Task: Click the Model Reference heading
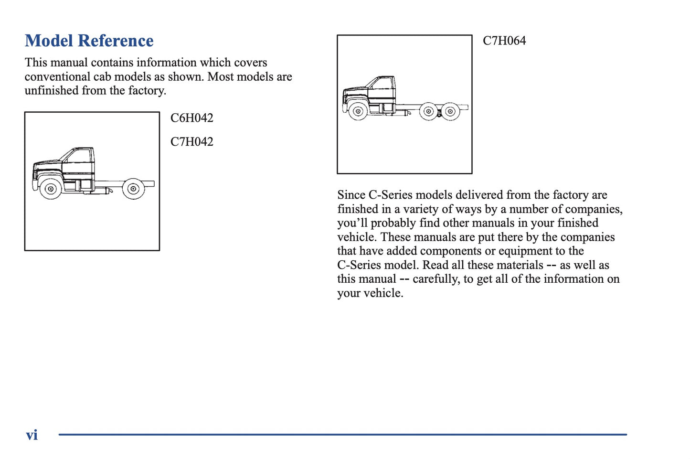tap(89, 41)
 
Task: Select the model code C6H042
tap(191, 118)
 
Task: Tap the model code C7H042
tap(191, 142)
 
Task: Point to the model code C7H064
tap(504, 41)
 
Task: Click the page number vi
tap(32, 435)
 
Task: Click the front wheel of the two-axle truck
tap(50, 189)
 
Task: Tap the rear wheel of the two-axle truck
tap(133, 189)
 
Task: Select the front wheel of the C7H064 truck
tap(358, 111)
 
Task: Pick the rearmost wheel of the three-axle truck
tap(450, 111)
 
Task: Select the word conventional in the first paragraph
tap(57, 77)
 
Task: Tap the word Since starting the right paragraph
tap(351, 195)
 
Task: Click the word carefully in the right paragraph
tap(436, 279)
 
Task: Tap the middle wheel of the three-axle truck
tap(428, 111)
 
